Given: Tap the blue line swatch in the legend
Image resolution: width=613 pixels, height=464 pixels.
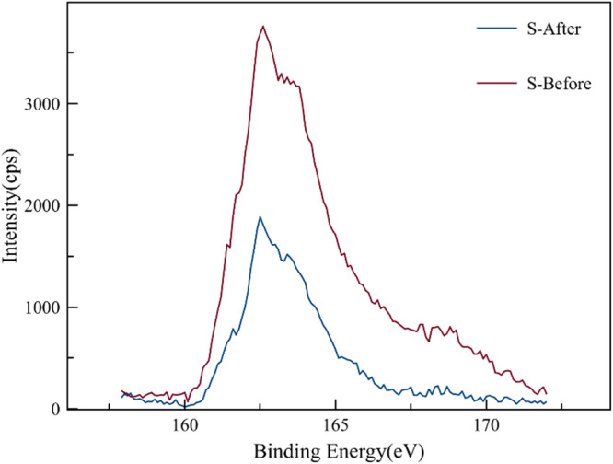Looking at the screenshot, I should [x=493, y=29].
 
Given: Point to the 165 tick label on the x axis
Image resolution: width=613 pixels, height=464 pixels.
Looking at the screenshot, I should [x=336, y=424].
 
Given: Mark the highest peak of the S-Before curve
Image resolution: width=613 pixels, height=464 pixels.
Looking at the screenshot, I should [x=263, y=26].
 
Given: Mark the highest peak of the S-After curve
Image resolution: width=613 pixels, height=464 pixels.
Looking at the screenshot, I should [x=260, y=217].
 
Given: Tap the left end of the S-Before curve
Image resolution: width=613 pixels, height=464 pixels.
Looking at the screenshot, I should [x=121, y=390].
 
